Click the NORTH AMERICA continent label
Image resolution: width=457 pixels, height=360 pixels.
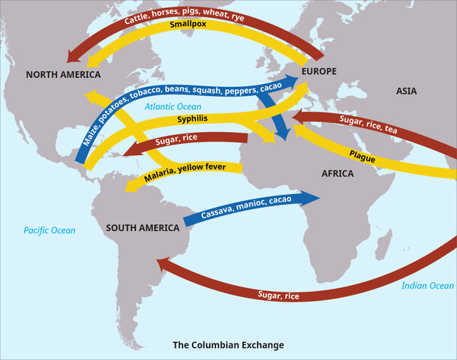[x=63, y=75]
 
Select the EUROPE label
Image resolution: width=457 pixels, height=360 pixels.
[x=318, y=71]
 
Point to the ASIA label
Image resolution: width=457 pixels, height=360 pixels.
[x=410, y=90]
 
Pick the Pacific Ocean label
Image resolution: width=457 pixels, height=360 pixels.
[x=50, y=230]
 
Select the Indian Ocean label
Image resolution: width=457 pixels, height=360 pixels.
[x=428, y=286]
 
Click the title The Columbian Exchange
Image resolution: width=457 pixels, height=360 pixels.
[x=228, y=346]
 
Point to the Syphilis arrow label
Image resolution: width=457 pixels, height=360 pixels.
[x=193, y=118]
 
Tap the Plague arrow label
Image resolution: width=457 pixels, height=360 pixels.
[x=363, y=154]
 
